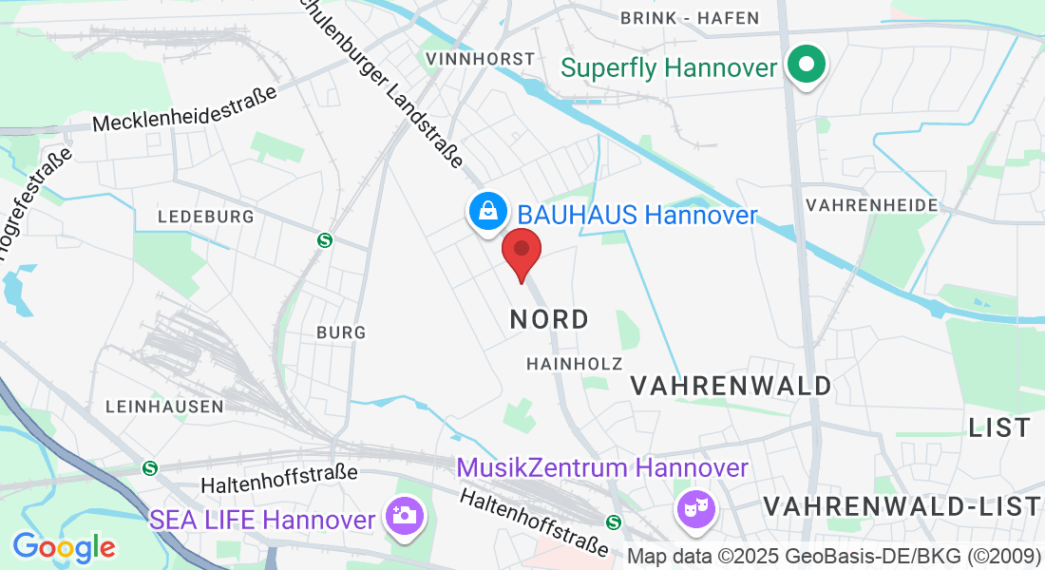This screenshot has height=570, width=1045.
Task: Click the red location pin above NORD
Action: coord(521,252)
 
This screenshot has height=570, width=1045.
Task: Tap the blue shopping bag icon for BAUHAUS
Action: coord(486,210)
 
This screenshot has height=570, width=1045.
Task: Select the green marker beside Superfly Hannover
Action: coord(807,66)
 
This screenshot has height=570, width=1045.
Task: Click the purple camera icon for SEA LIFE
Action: coord(404,517)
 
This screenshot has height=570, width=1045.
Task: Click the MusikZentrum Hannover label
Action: coord(602,468)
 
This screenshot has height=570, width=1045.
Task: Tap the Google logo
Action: coord(64,547)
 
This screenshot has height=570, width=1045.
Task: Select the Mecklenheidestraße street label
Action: coord(185,109)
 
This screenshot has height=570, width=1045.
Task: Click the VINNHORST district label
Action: coord(481,59)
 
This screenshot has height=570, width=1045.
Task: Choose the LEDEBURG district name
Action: coord(206,217)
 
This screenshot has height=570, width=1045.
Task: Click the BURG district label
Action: coord(341,332)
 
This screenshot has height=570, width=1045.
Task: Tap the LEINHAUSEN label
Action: coord(164,407)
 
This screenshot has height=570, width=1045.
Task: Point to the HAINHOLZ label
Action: coord(575,364)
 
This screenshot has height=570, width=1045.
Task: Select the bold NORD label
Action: coord(549,319)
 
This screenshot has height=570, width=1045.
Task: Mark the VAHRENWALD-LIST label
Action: coord(902,506)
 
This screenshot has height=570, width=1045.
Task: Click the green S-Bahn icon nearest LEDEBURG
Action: coord(325,240)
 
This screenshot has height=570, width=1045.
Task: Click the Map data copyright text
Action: coord(834,556)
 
